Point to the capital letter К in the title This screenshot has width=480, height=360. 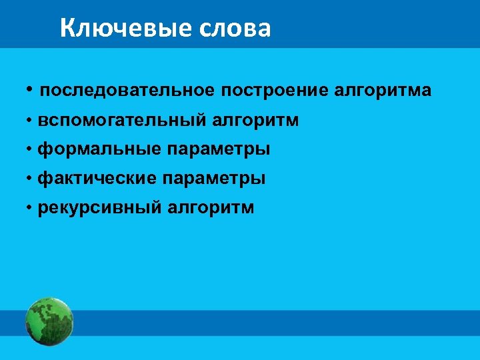click(x=67, y=28)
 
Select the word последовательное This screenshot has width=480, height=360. click(x=127, y=90)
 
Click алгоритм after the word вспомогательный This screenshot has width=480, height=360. click(x=256, y=121)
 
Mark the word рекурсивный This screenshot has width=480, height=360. click(x=100, y=208)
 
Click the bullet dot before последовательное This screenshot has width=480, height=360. click(x=31, y=89)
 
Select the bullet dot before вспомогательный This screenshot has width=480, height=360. click(x=31, y=121)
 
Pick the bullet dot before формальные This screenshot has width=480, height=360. click(x=31, y=149)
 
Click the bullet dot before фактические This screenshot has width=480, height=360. click(x=31, y=179)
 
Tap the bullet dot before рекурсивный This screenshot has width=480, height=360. click(x=31, y=208)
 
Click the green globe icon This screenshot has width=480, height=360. click(x=49, y=321)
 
